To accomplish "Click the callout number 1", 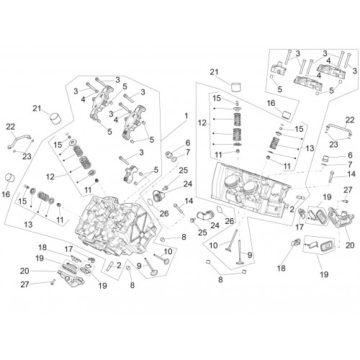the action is (186, 116).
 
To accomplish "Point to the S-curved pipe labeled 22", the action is (19, 142).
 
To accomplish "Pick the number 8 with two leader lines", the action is (220, 279).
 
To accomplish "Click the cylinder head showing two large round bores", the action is (251, 192).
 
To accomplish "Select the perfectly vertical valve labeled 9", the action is (240, 251).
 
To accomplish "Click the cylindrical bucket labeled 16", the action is (9, 178).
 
